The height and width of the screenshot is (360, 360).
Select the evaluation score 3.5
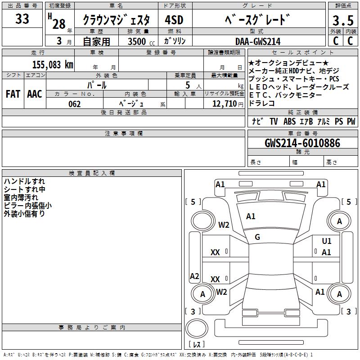342,21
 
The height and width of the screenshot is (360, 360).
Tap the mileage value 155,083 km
53,64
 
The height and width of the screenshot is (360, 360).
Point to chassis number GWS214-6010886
302,143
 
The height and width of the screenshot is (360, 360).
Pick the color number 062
75,104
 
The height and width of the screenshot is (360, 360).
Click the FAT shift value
13,94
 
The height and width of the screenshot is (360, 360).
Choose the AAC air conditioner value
35,94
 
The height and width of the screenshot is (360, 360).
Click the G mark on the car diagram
257,237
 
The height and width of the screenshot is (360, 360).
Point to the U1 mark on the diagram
327,241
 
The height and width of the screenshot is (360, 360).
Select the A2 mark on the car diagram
194,276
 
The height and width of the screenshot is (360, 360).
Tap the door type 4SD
174,20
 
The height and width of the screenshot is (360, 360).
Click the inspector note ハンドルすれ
24,181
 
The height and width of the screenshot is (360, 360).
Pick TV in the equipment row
274,121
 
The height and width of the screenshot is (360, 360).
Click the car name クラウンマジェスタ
119,21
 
